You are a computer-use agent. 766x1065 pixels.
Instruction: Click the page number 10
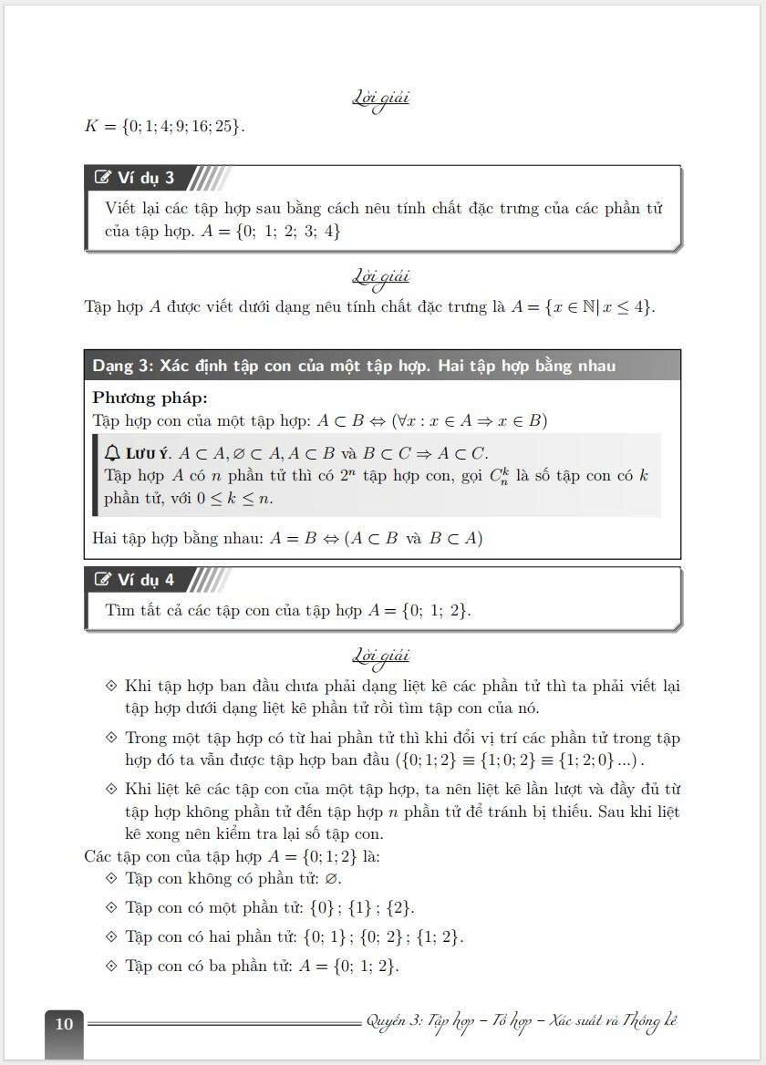pos(64,1024)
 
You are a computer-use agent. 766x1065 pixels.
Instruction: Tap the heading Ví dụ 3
pos(145,178)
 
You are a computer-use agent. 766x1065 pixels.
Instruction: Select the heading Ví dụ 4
pos(145,580)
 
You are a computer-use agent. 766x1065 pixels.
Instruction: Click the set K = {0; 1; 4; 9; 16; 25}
pos(164,127)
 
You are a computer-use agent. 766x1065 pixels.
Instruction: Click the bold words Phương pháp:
pos(150,398)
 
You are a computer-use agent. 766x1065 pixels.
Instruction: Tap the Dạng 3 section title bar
pos(382,366)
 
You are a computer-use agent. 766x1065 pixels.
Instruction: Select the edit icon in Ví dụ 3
pos(103,178)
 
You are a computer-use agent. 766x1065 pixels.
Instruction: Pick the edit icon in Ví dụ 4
pos(103,580)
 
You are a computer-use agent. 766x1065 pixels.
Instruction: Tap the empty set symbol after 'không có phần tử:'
pos(335,879)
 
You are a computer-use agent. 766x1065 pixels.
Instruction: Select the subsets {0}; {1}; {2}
pos(357,908)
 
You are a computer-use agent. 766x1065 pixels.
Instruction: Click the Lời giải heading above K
pos(382,98)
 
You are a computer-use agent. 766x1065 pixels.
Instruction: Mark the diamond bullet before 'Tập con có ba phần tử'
pos(111,967)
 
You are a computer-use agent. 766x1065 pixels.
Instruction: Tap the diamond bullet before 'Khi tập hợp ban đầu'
pos(111,686)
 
